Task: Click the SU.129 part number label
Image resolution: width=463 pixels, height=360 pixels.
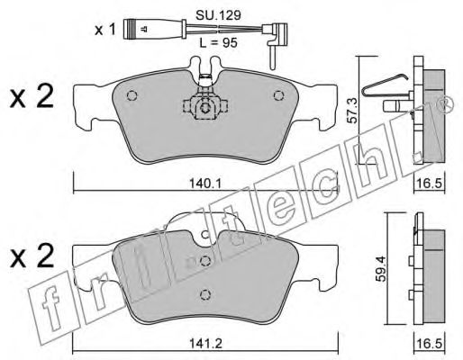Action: click(218, 15)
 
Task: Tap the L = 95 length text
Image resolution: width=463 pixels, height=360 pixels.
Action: click(218, 43)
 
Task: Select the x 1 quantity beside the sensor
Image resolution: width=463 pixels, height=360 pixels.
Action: click(104, 30)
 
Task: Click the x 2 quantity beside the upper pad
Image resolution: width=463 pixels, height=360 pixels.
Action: click(32, 95)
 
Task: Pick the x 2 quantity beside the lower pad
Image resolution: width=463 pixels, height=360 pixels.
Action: click(32, 256)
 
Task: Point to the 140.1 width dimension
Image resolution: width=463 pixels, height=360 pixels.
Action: click(205, 184)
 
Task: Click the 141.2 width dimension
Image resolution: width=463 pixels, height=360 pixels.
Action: click(205, 343)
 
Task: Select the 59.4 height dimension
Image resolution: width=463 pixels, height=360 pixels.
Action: click(382, 268)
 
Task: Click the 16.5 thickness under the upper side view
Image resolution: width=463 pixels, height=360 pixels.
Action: click(430, 184)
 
